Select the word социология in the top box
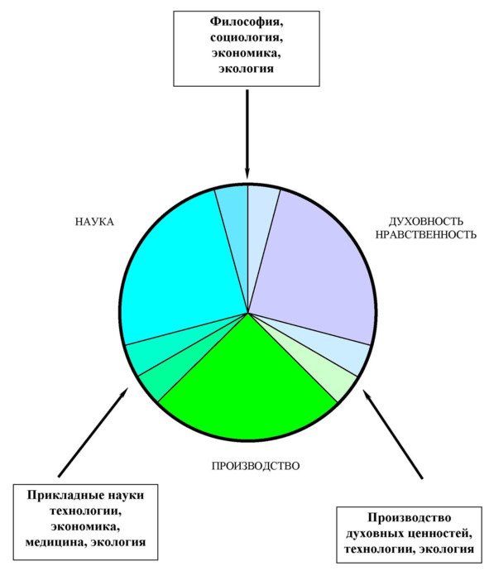(247, 37)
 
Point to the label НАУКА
(94, 222)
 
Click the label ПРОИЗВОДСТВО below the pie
(256, 466)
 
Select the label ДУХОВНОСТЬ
(426, 222)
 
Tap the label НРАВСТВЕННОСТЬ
(426, 234)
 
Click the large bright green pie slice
(247, 386)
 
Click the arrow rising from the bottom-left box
(93, 432)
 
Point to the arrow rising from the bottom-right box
(392, 434)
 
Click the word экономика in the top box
(247, 54)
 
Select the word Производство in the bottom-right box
(410, 518)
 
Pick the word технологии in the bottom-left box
(85, 511)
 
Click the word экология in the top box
(246, 69)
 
